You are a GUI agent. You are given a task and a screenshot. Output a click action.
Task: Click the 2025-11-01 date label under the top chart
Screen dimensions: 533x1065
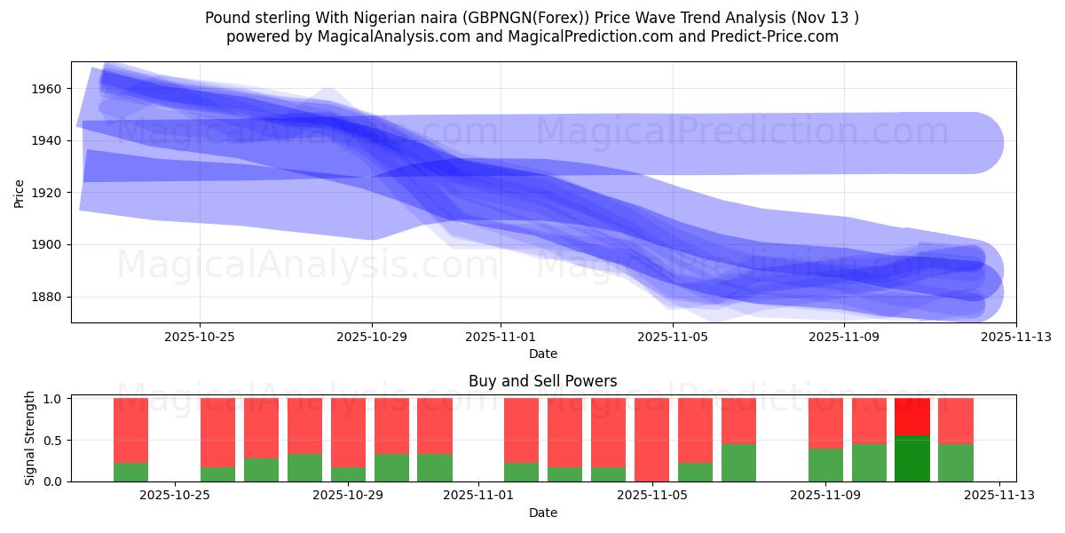point(501,337)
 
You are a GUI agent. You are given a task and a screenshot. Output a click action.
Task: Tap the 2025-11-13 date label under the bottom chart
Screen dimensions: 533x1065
point(999,496)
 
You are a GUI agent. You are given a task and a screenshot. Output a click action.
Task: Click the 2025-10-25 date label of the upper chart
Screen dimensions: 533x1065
point(199,337)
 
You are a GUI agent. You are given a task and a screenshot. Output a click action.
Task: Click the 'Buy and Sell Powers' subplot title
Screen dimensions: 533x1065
point(542,382)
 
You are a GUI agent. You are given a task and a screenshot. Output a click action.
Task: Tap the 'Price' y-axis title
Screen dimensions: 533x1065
point(20,192)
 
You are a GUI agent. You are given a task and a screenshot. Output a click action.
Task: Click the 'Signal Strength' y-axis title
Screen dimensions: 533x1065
point(30,438)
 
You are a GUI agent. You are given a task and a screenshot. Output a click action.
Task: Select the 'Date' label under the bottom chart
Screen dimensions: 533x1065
point(542,513)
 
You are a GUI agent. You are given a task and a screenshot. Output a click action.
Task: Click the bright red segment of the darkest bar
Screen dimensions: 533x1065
point(911,416)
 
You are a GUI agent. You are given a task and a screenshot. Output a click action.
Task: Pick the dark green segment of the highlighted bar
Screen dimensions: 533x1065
point(911,458)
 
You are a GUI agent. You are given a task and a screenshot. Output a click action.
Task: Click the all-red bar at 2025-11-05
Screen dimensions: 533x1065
point(651,440)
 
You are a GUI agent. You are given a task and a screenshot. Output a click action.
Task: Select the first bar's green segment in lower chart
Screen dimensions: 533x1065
point(130,472)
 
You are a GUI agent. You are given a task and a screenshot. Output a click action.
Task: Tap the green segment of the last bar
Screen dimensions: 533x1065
point(955,463)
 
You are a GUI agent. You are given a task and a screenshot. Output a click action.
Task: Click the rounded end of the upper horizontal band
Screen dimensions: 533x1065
point(985,142)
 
